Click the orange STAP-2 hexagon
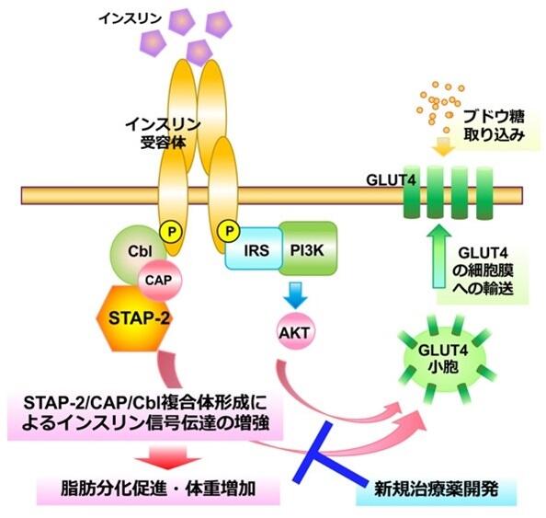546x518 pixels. pos(134,318)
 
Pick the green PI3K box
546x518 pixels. pos(308,248)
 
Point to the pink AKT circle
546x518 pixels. pos(295,331)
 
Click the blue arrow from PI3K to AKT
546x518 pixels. pos(295,295)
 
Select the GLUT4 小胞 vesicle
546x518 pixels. pos(443,359)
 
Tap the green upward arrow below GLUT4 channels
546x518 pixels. pos(438,256)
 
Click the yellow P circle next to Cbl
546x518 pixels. pos(171,232)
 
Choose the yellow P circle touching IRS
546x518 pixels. pos(228,231)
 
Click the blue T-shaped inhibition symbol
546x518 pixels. pos(329,454)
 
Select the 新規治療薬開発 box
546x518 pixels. pos(436,489)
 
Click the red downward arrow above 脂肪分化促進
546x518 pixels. pos(168,457)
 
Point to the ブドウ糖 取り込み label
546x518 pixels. pos(494,125)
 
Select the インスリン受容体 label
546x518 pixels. pos(163,133)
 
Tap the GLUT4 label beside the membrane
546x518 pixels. pos(391,180)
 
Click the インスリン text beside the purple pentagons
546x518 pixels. pos(131,18)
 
